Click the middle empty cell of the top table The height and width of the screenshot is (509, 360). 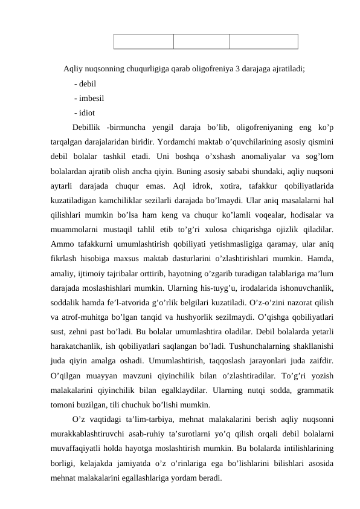[x=201, y=41]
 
